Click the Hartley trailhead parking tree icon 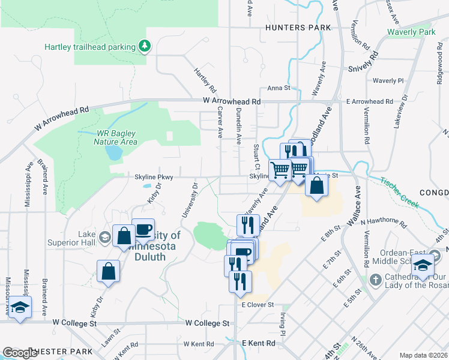tap(144, 46)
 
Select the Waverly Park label tap(411, 32)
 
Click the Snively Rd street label tap(363, 64)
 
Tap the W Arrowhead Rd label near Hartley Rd tap(231, 102)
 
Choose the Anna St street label tap(279, 88)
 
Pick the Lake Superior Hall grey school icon tap(105, 238)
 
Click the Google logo tap(20, 353)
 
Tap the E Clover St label tap(258, 305)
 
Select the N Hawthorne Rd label tap(384, 221)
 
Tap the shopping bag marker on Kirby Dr tap(109, 270)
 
